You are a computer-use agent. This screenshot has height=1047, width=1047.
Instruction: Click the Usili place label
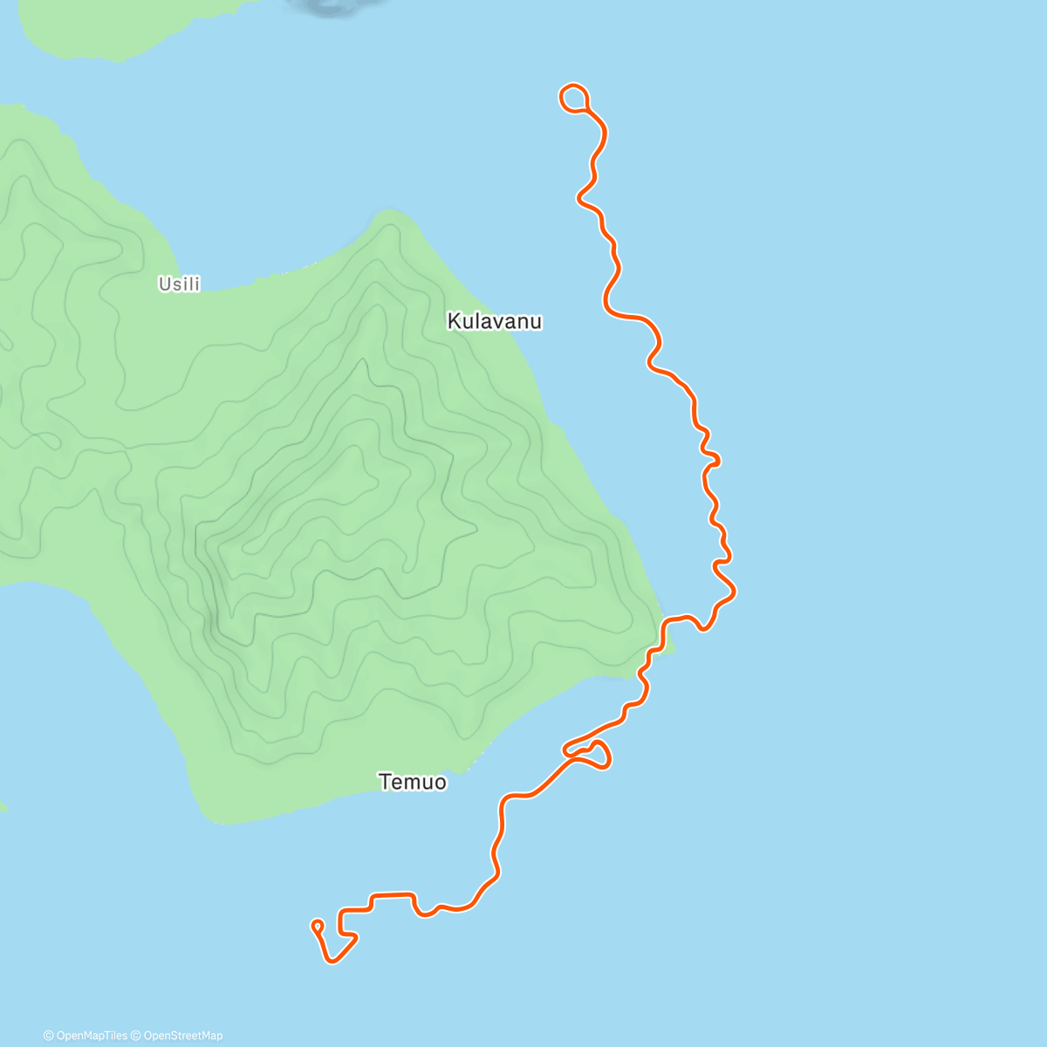click(179, 284)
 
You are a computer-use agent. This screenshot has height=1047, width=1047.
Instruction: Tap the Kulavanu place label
click(494, 321)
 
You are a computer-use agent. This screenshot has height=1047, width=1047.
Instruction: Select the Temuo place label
click(413, 782)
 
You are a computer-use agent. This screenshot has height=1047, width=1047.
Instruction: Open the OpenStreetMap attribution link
click(182, 1036)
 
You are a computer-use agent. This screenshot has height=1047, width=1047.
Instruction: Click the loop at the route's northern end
click(573, 98)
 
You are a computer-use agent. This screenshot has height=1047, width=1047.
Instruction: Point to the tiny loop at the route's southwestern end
click(317, 925)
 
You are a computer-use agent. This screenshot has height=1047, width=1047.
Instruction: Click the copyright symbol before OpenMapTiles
click(48, 1036)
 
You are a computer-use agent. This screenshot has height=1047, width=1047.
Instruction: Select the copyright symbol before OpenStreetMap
click(137, 1036)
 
